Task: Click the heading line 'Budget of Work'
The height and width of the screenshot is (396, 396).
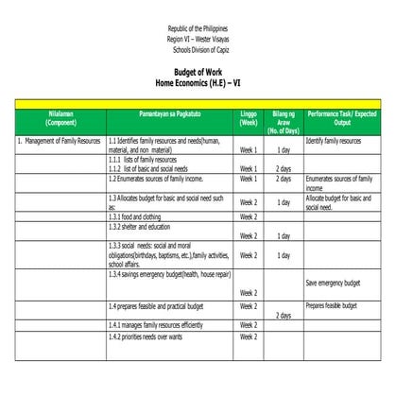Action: [x=198, y=71]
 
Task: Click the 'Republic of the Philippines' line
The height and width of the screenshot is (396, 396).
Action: [x=198, y=30]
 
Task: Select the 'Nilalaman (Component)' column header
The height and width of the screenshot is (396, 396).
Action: [x=60, y=118]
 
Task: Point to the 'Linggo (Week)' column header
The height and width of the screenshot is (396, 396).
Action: [x=249, y=118]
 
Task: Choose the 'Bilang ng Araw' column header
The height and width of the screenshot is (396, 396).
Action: [x=284, y=118]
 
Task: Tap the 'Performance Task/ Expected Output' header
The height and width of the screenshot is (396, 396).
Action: [x=341, y=118]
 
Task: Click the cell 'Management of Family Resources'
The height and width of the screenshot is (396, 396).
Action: [x=60, y=140]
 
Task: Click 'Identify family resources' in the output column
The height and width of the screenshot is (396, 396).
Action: [x=334, y=140]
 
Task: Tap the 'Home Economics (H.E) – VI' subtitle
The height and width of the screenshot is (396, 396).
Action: [x=198, y=80]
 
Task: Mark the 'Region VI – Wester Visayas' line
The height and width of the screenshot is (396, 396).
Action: [x=198, y=40]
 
